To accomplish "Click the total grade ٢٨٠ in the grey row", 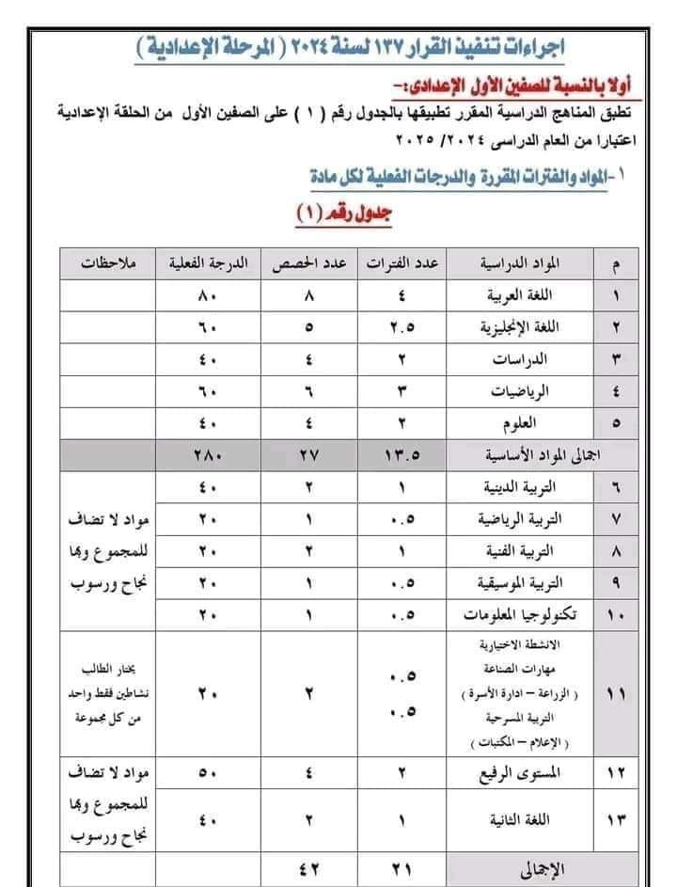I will coord(208,454).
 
